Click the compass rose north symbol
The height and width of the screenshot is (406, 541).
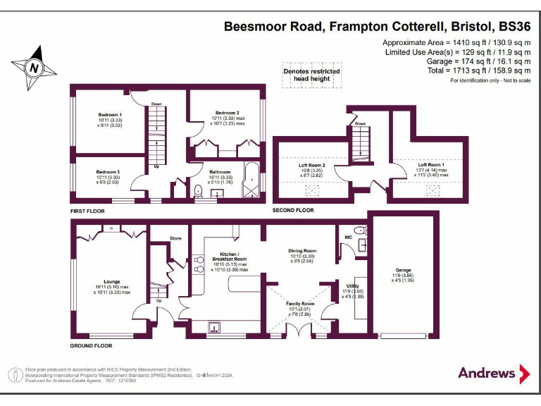(x=32, y=68)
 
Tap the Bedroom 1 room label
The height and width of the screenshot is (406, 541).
(x=109, y=114)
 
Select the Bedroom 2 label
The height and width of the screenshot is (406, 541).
(x=227, y=113)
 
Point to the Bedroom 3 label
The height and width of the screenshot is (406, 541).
(x=108, y=172)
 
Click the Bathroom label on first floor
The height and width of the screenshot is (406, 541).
(x=220, y=171)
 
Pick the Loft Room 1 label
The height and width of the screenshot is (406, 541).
(x=431, y=164)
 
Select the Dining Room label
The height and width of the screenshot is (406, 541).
(x=302, y=250)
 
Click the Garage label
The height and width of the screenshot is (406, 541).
(x=403, y=269)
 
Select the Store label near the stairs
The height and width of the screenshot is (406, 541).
(x=175, y=238)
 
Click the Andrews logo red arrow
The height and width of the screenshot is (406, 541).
(x=525, y=373)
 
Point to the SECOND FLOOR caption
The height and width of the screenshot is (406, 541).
(x=293, y=211)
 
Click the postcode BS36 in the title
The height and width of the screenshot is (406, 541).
(x=514, y=27)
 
